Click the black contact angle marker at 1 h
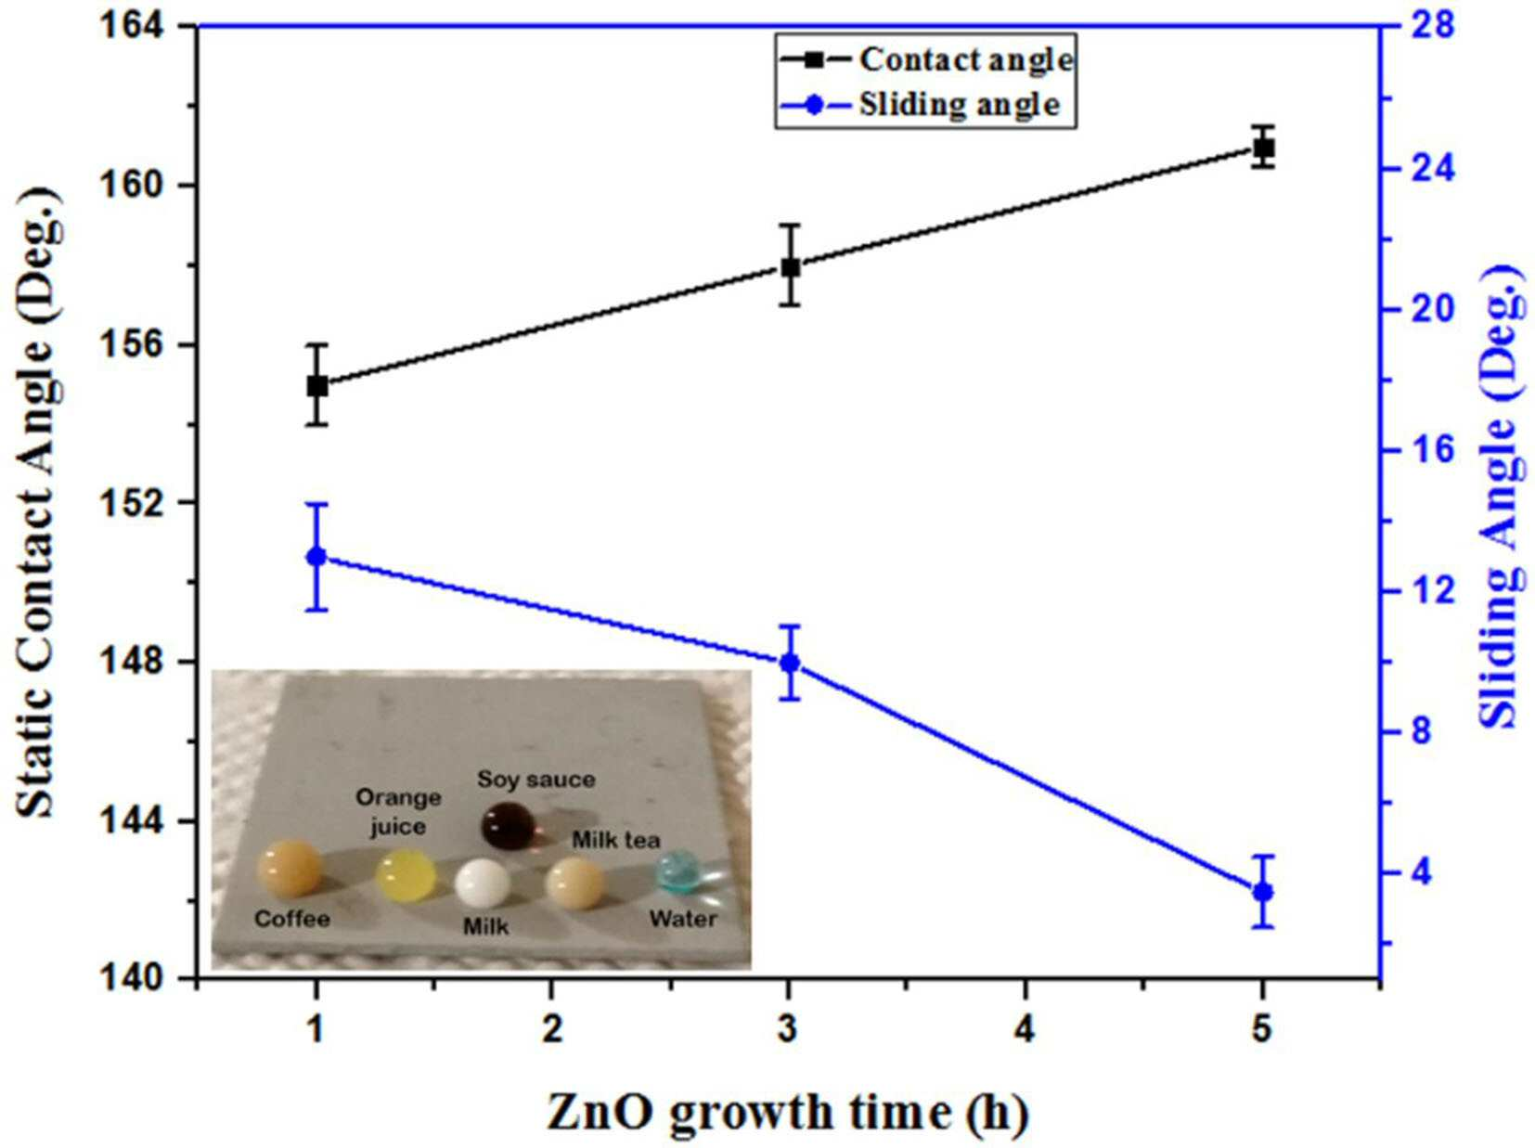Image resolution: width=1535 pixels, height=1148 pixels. pos(316,385)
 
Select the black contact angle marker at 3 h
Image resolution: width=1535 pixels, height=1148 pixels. pos(790,266)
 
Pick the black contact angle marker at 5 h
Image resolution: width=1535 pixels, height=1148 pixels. pos(1263,148)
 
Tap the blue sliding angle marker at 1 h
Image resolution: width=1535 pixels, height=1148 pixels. pos(316,557)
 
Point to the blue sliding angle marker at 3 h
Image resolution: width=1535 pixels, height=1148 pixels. pos(790,662)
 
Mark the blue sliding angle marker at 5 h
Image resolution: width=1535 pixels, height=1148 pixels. pos(1263,892)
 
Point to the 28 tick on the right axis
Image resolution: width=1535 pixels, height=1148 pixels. pos(1413,27)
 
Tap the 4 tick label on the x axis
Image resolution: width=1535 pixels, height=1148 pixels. pos(1025,1031)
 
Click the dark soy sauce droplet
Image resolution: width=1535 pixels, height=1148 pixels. pos(508,826)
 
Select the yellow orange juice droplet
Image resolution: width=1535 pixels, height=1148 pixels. pos(406,874)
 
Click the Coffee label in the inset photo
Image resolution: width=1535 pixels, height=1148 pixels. pos(292,918)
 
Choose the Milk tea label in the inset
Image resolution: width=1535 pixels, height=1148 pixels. pos(616,840)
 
